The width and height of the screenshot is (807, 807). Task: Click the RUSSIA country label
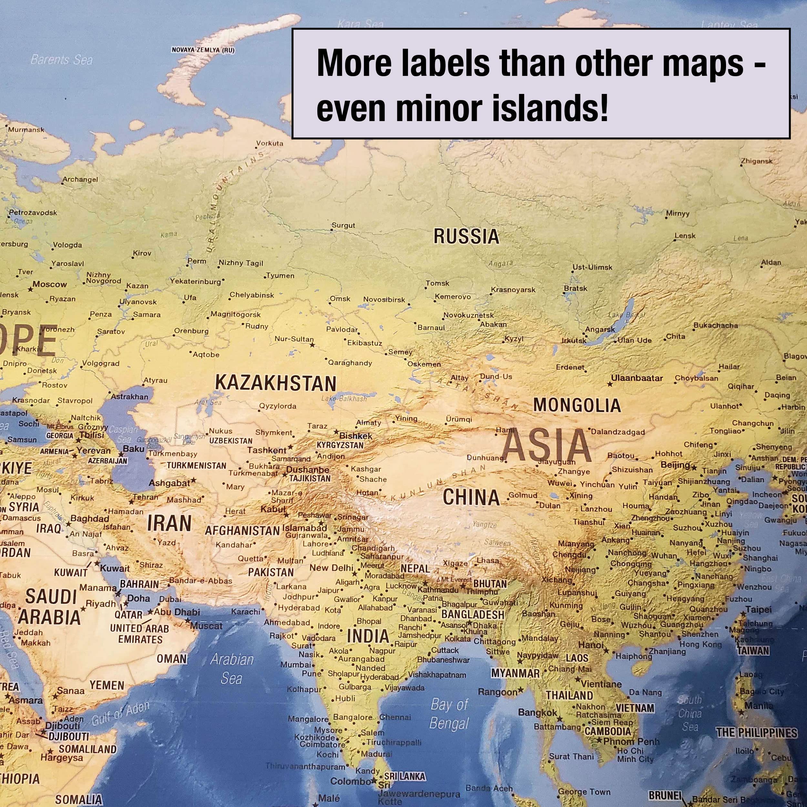click(466, 236)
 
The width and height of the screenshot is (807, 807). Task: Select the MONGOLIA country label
click(577, 405)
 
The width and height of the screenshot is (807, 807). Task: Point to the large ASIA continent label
click(547, 445)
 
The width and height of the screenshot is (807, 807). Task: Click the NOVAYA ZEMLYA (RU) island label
click(203, 50)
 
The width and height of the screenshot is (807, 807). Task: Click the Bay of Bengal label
click(449, 714)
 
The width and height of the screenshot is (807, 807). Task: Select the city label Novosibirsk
click(384, 300)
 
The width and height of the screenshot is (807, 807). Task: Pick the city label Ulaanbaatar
click(637, 378)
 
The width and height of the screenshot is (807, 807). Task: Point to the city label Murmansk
click(26, 130)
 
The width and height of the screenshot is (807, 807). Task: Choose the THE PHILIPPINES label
click(756, 733)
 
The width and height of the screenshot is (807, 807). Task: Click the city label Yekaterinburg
click(195, 281)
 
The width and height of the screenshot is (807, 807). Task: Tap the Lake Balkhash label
click(344, 399)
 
